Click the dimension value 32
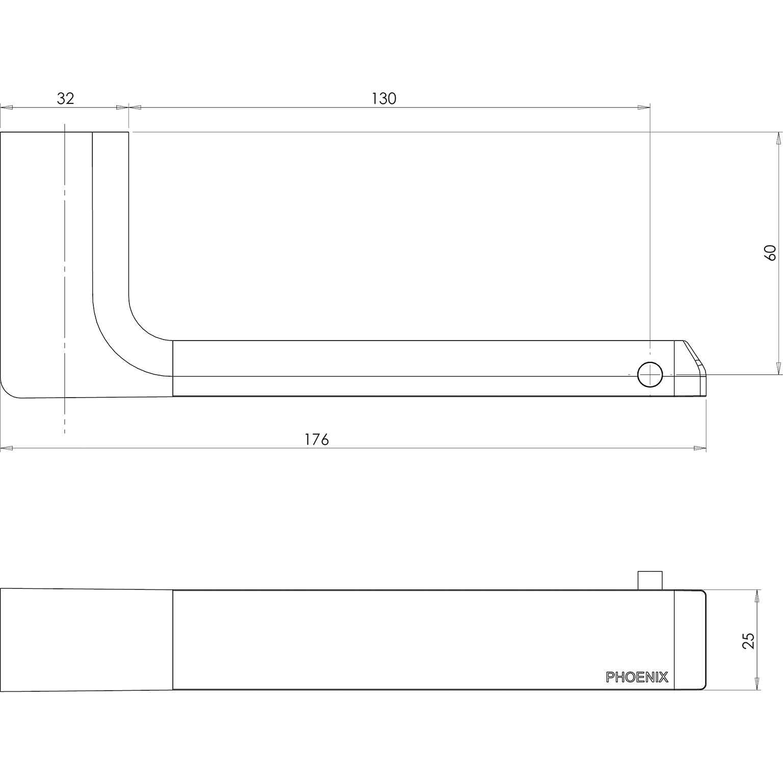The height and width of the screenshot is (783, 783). tap(65, 98)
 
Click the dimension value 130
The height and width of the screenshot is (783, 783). tap(383, 98)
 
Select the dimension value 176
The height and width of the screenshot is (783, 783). tap(317, 439)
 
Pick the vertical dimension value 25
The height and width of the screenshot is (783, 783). tap(748, 640)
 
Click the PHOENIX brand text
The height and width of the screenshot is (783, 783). tap(637, 677)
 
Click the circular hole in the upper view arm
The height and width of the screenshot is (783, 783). tap(650, 375)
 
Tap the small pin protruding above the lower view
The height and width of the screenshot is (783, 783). tap(650, 581)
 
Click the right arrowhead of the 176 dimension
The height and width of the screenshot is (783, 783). tap(700, 449)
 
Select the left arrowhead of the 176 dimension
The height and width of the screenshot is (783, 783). tap(6, 449)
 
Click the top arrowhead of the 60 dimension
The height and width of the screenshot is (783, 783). tap(778, 138)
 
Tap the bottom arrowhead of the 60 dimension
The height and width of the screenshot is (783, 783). tap(778, 368)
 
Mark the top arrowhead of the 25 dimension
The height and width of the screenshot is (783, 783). tap(757, 596)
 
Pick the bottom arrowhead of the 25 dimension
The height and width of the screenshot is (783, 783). tap(757, 684)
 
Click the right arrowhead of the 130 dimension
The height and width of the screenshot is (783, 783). tap(644, 107)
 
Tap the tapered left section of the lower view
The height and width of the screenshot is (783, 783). tap(87, 640)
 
